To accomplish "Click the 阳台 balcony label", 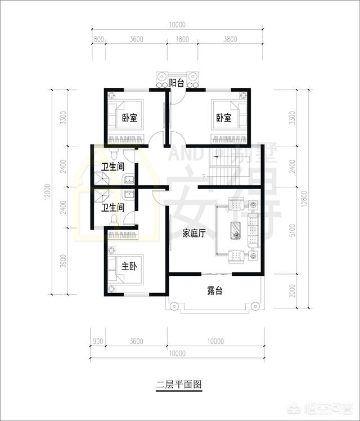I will pyautogui.click(x=177, y=83).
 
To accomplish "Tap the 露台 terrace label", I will pyautogui.click(x=215, y=291).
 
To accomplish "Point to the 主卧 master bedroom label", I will pyautogui.click(x=130, y=266).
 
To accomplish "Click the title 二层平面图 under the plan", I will pyautogui.click(x=178, y=385).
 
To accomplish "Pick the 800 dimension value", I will pyautogui.click(x=98, y=39).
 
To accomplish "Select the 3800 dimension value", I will pyautogui.click(x=231, y=39).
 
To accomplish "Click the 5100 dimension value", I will pyautogui.click(x=292, y=231).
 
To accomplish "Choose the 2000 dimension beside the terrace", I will pyautogui.click(x=292, y=290).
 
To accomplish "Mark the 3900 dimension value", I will pyautogui.click(x=64, y=261).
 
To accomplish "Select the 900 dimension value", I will pyautogui.click(x=97, y=341).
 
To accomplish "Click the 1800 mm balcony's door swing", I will pyautogui.click(x=176, y=95).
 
